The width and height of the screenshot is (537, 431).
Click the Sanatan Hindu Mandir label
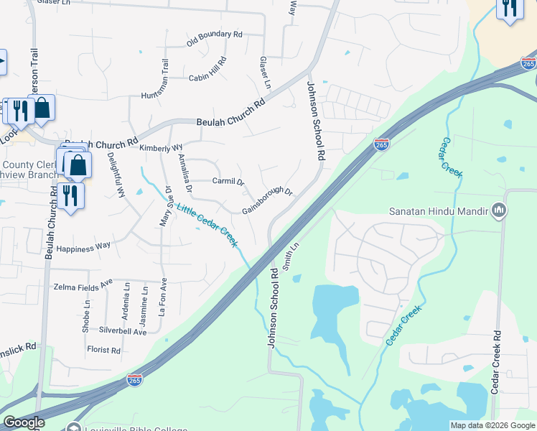438,212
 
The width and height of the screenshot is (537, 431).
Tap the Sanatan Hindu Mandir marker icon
500,211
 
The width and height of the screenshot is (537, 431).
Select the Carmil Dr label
229,181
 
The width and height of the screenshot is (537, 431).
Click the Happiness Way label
83,246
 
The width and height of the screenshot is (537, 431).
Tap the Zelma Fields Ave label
83,286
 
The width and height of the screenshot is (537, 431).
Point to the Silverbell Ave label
123,331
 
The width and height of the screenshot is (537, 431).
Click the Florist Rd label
104,351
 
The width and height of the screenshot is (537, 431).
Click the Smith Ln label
290,256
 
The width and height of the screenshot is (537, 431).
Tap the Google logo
24,422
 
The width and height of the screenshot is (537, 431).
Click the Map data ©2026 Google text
492,425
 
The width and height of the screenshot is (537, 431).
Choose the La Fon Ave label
163,297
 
